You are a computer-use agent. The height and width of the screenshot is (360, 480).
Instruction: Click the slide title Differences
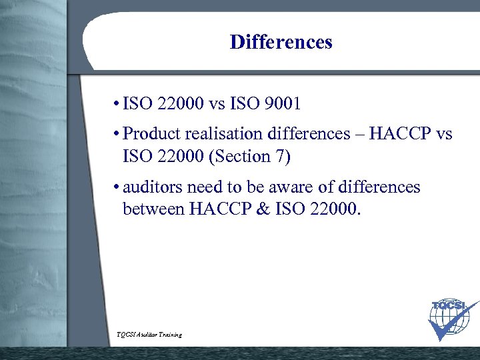coord(281,43)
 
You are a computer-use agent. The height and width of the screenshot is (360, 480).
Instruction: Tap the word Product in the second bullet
coord(151,134)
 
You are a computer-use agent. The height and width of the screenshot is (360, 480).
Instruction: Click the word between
coord(153,211)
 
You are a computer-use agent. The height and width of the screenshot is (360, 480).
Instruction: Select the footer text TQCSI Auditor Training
coord(149,334)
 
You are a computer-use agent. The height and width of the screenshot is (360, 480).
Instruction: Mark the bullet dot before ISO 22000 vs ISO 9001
coord(116,105)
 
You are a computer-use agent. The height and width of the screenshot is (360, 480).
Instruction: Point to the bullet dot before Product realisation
coord(116,135)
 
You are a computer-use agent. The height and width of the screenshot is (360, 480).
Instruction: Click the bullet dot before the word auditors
coord(116,188)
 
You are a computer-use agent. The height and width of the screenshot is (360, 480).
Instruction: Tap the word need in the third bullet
coord(201,187)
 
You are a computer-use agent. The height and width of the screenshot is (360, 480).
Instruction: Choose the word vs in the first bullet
coord(219,105)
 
